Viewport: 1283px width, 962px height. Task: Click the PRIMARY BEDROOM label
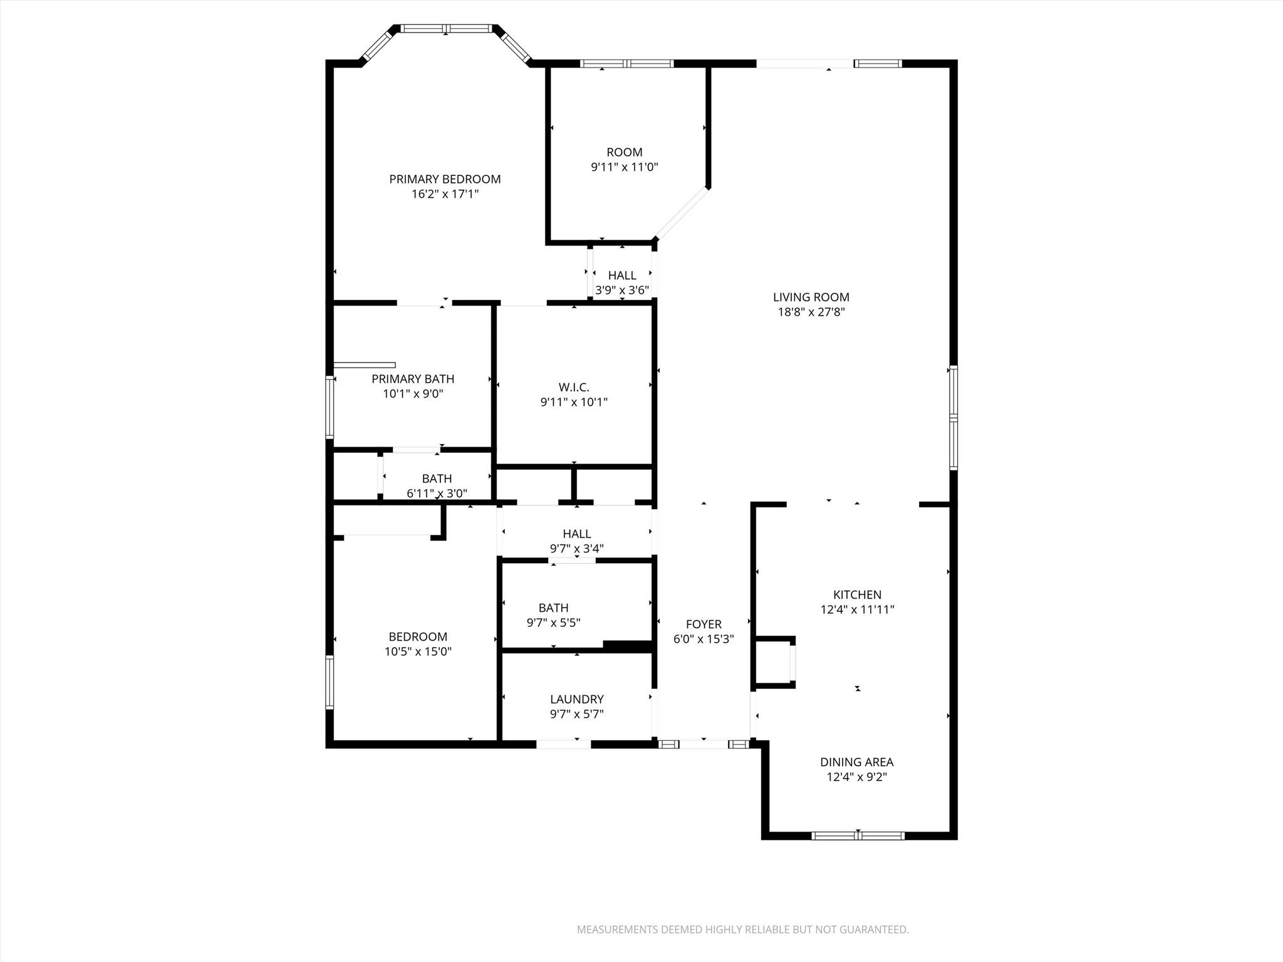445,179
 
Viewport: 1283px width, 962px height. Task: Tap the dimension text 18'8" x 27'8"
811,313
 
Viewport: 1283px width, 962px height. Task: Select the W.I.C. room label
574,387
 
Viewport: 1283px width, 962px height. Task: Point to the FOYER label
704,624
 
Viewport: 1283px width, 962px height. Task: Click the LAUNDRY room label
576,699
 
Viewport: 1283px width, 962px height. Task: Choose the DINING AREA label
856,762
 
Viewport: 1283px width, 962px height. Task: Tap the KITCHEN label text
856,594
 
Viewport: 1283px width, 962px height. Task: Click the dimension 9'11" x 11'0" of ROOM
624,167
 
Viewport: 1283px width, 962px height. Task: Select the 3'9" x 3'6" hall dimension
621,290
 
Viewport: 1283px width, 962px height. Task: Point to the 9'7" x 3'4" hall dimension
576,549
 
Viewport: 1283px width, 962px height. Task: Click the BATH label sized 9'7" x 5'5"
553,608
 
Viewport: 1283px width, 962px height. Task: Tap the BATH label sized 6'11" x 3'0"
437,478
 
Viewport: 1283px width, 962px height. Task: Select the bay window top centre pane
446,28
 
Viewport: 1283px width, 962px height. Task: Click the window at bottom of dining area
858,835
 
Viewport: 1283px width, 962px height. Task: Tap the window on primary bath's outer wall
330,406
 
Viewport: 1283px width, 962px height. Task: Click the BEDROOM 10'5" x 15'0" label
418,636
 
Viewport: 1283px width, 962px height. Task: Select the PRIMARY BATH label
412,379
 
